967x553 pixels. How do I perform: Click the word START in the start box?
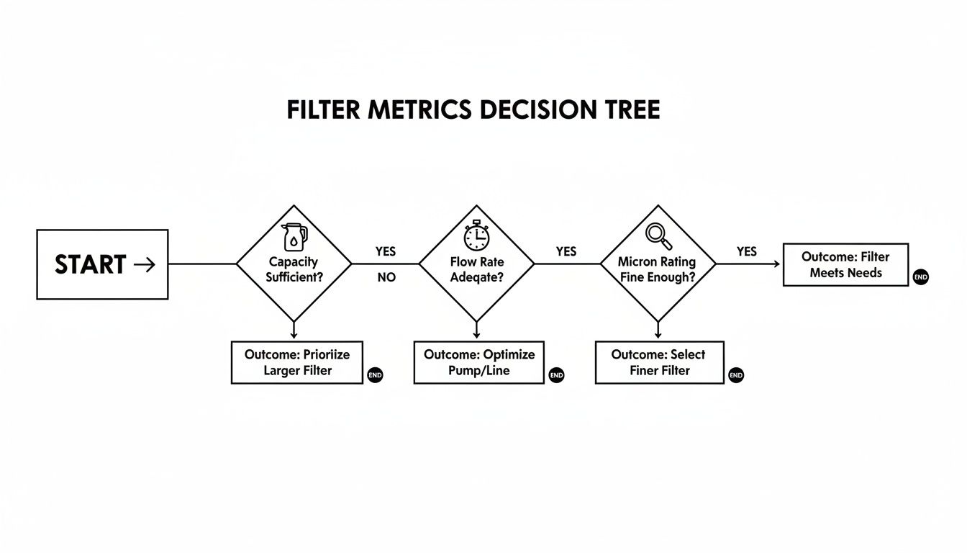pos(91,264)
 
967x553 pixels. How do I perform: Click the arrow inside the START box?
pos(145,264)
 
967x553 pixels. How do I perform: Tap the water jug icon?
pos(294,236)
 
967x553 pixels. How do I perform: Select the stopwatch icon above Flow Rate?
pos(476,235)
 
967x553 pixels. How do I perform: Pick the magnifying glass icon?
pos(658,235)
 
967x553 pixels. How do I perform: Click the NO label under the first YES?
pos(386,277)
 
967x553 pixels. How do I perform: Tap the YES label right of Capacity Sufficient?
pos(386,251)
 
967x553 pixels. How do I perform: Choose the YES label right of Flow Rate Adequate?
pos(566,251)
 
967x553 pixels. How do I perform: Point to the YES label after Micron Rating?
pos(747,251)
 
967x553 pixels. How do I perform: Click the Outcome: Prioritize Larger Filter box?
pos(296,363)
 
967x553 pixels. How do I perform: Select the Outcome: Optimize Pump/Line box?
pos(479,363)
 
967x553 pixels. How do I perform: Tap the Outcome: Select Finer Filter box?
pos(659,363)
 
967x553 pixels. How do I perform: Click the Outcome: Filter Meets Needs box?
pos(845,265)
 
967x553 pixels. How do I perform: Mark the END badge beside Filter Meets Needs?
pos(920,277)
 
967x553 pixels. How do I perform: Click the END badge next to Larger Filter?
pos(375,375)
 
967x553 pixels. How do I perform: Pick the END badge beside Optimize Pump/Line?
pos(556,375)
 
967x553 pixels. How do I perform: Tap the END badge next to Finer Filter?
pos(735,375)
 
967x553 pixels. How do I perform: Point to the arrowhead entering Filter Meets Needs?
pos(777,264)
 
